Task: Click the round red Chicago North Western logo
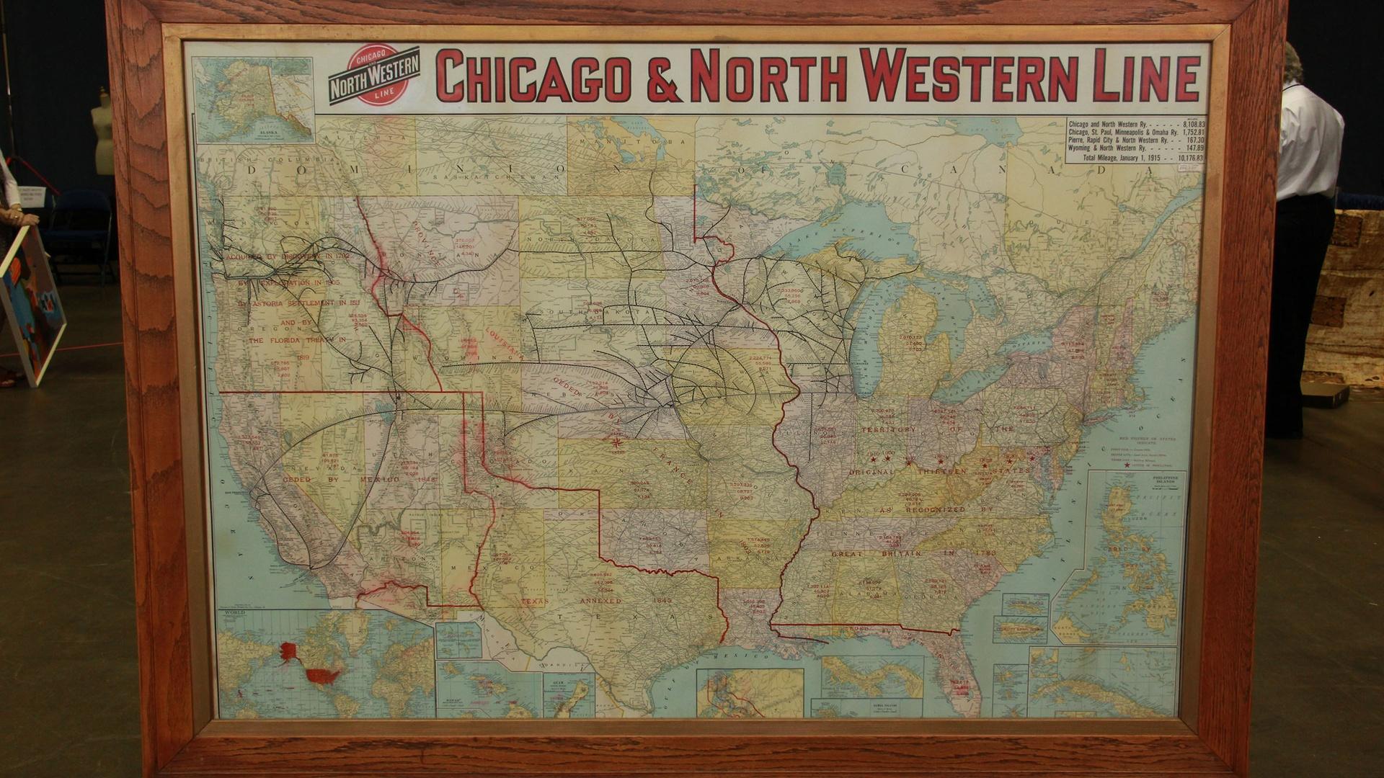click(373, 75)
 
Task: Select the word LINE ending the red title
click(1147, 75)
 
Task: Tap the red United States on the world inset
click(321, 676)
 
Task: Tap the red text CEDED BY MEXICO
click(342, 478)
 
